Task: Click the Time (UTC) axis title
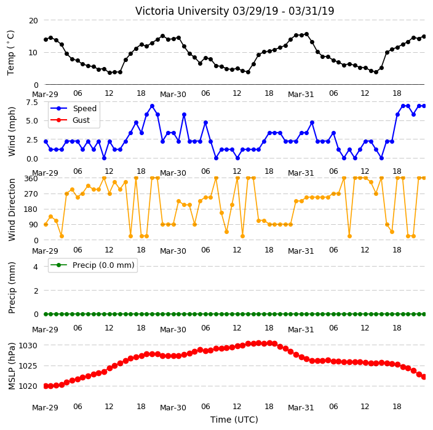click(234, 420)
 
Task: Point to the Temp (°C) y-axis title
click(10, 53)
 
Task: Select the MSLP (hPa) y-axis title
click(11, 366)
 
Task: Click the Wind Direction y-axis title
click(11, 209)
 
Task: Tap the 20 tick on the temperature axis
click(33, 21)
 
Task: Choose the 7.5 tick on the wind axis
click(32, 103)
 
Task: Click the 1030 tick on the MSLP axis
click(28, 346)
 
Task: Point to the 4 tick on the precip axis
click(36, 267)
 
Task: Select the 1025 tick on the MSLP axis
click(28, 366)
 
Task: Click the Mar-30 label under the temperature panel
click(173, 95)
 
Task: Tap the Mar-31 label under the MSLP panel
click(301, 408)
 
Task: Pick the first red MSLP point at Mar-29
click(46, 386)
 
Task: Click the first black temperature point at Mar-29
click(46, 40)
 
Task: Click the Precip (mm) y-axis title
click(11, 288)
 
